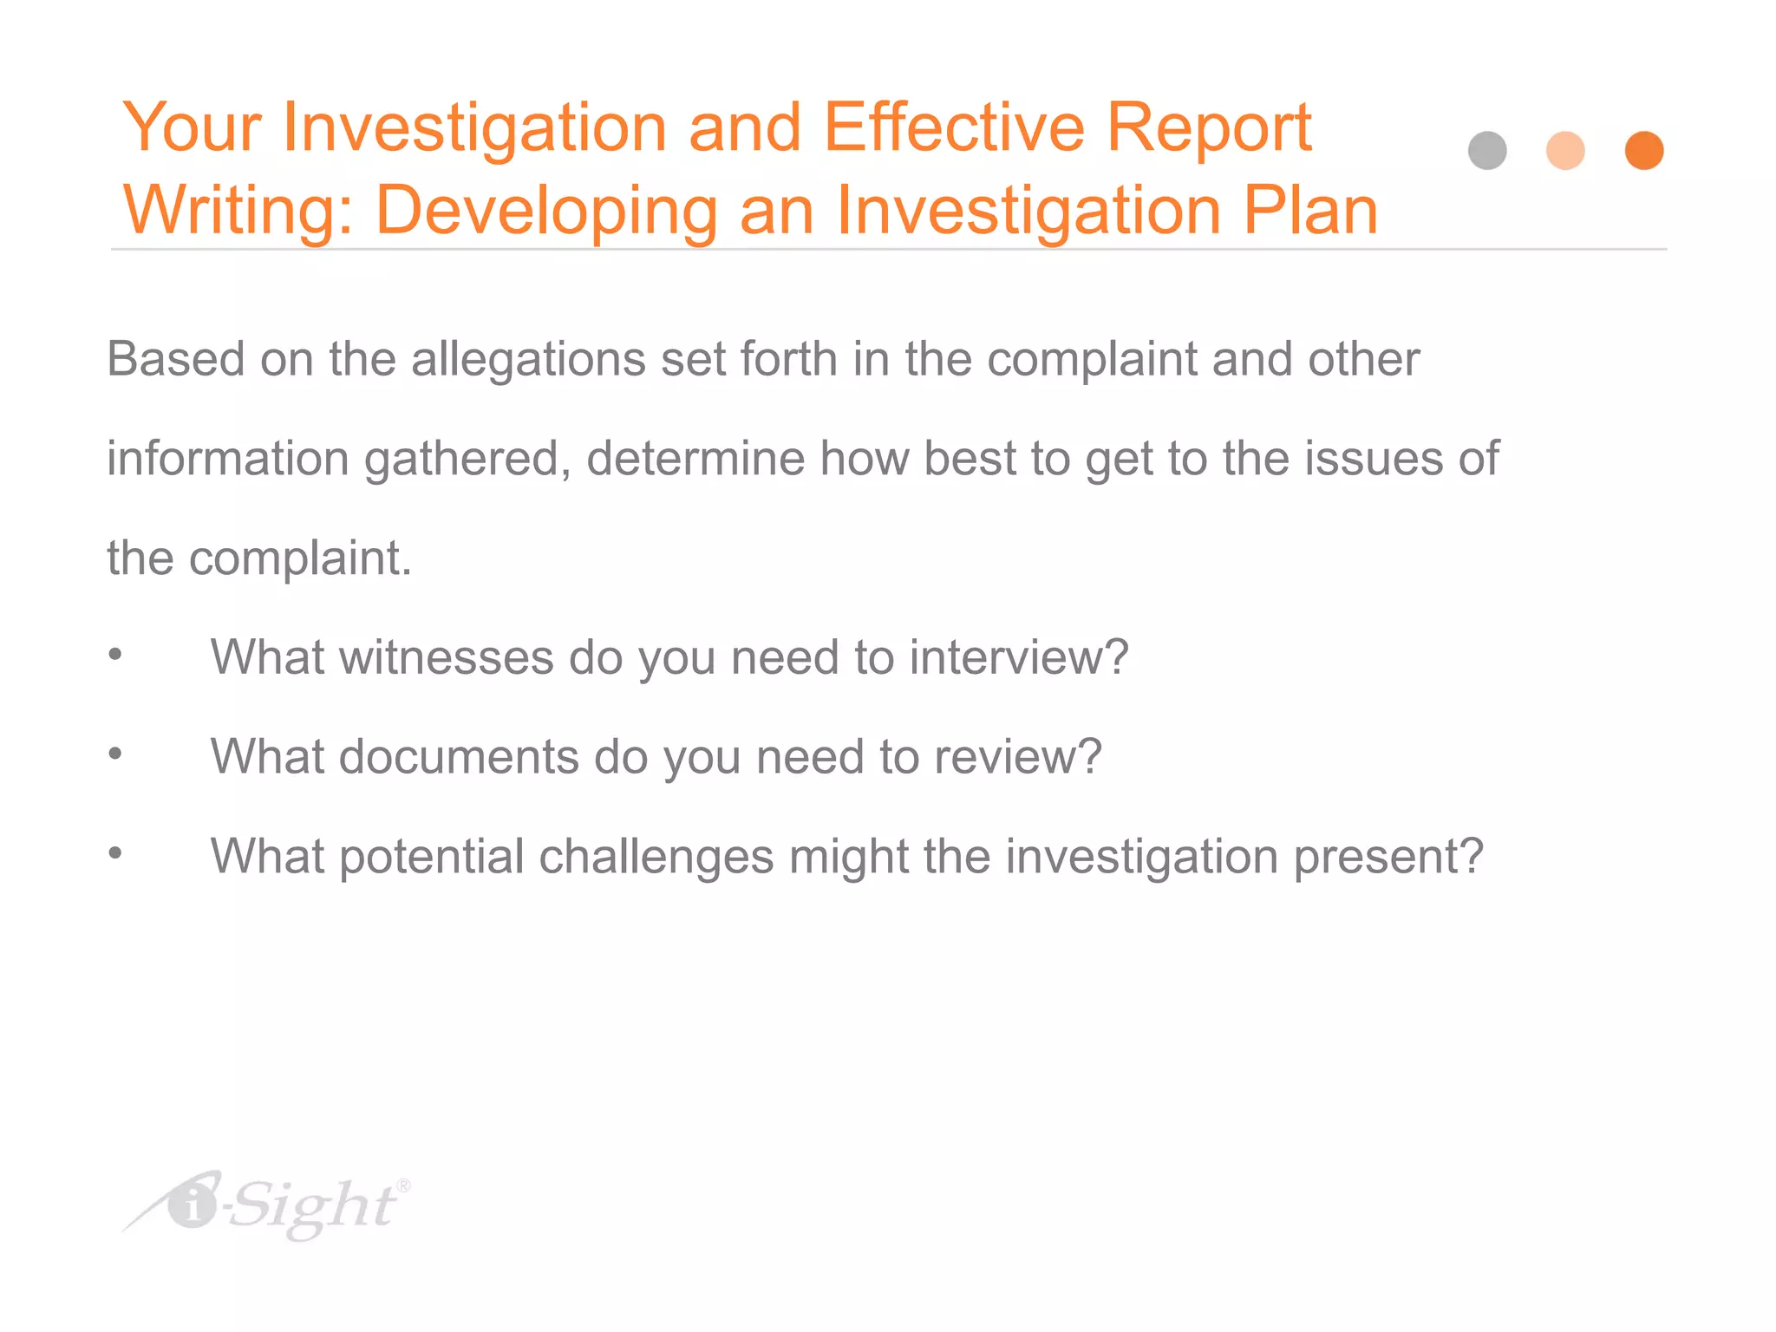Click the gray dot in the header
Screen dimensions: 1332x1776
click(1487, 151)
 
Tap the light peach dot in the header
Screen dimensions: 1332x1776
click(1565, 151)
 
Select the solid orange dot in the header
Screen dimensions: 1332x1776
click(1643, 151)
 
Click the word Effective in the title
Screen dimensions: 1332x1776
click(953, 127)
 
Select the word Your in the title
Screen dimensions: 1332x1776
click(192, 127)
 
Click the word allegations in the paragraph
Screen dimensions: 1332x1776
click(528, 359)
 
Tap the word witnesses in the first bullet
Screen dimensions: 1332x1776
click(446, 657)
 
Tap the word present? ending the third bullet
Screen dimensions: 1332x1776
click(1388, 857)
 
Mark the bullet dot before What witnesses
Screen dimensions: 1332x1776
click(115, 655)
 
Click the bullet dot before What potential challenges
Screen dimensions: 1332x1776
click(115, 854)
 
